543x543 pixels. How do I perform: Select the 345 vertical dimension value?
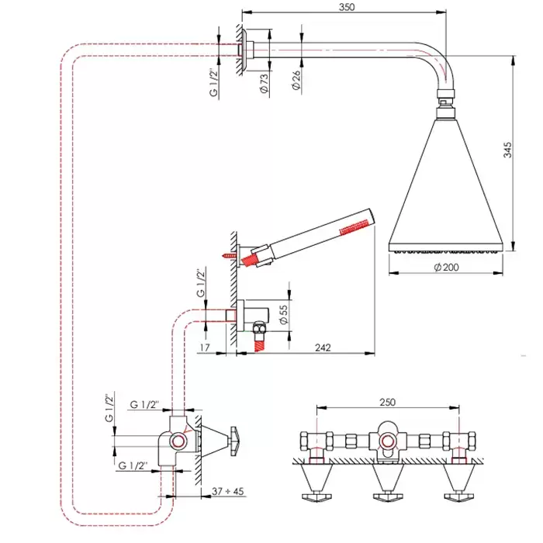(507, 150)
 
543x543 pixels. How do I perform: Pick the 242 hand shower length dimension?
(323, 348)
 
